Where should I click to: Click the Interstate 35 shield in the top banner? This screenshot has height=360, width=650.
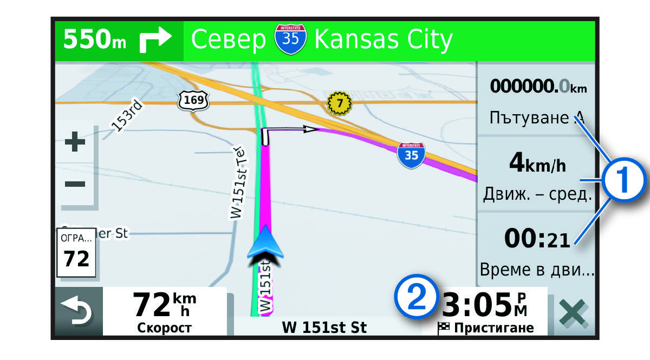(x=290, y=39)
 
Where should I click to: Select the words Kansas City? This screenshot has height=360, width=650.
(x=383, y=40)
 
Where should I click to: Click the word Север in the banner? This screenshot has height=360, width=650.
(x=229, y=41)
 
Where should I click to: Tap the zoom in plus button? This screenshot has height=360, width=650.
(x=75, y=142)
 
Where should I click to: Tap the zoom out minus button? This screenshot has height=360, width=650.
(x=75, y=184)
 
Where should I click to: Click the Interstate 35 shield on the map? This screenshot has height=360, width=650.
(x=411, y=154)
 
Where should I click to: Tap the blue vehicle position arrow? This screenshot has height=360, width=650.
(x=265, y=244)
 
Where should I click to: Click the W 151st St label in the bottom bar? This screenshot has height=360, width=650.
(x=324, y=327)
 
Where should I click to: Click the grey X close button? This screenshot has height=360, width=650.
(x=574, y=313)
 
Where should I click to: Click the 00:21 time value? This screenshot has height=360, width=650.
(x=537, y=239)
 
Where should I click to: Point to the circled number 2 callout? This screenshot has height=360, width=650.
(x=415, y=296)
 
